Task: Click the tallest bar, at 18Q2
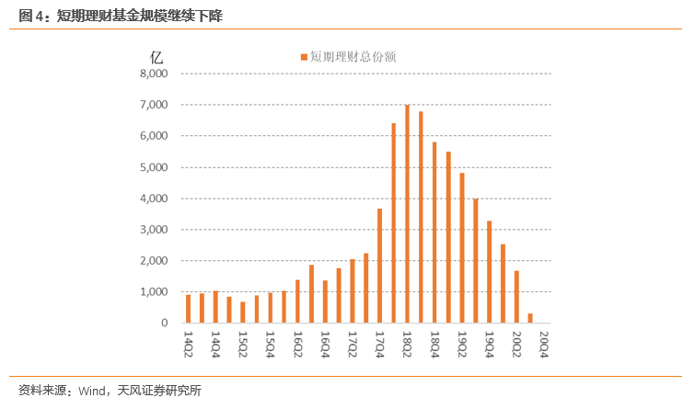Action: coord(407,214)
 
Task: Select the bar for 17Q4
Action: coord(379,266)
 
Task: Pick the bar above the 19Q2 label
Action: coord(462,248)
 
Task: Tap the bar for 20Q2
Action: coord(516,297)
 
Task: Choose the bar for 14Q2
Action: coord(188,309)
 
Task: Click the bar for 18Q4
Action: coord(434,233)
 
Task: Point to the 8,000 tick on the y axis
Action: coord(154,74)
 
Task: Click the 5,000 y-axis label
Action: coord(154,167)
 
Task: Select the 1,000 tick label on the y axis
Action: coord(154,292)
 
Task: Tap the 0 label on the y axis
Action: coord(165,324)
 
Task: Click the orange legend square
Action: coord(304,57)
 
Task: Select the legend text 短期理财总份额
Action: coord(353,57)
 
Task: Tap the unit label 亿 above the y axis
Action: coord(156,54)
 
